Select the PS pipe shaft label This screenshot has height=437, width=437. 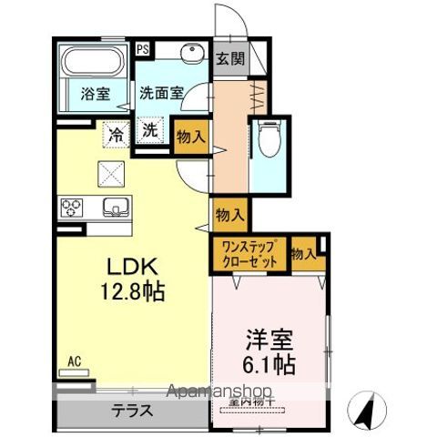(143, 50)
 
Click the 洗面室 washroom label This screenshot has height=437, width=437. (161, 93)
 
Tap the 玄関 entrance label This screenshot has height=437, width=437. (230, 59)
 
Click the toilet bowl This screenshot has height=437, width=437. (267, 138)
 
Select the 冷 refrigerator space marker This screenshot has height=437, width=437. (116, 133)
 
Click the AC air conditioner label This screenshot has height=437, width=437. (73, 361)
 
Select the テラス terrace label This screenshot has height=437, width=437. (132, 411)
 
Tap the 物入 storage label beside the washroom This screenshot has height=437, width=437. (191, 137)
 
